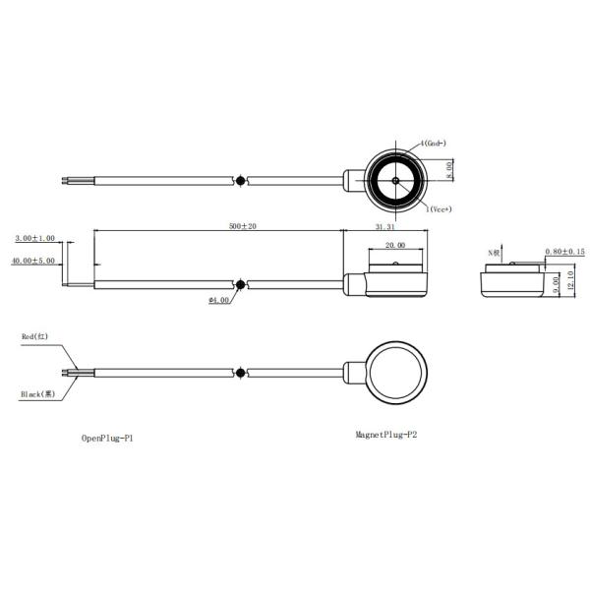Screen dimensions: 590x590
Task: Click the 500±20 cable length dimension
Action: coord(242,226)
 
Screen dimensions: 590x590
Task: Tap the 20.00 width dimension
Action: coord(395,245)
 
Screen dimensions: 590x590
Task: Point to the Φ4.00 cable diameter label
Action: coord(219,300)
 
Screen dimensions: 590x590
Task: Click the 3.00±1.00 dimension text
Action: coord(35,238)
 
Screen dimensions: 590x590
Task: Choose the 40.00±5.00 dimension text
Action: coord(33,261)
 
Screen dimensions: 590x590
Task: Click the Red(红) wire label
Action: coord(36,337)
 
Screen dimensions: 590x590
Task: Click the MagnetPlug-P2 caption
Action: coord(392,433)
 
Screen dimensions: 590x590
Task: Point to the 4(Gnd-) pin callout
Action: coord(436,143)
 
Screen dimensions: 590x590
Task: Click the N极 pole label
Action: coord(496,253)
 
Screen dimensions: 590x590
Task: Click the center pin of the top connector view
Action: coord(394,181)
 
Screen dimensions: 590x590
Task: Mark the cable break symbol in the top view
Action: coord(242,181)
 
